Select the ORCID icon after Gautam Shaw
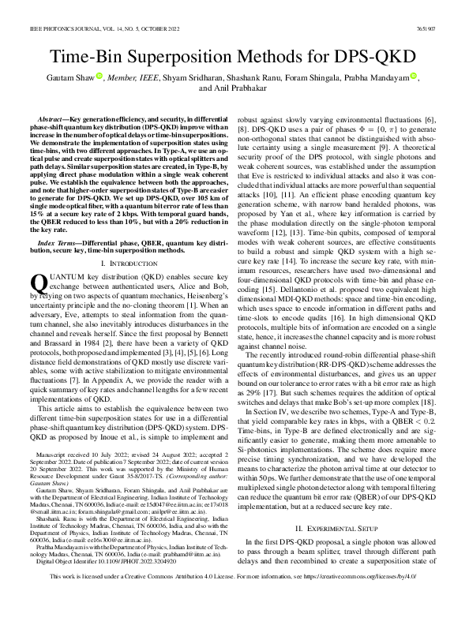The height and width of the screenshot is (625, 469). coord(100,77)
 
